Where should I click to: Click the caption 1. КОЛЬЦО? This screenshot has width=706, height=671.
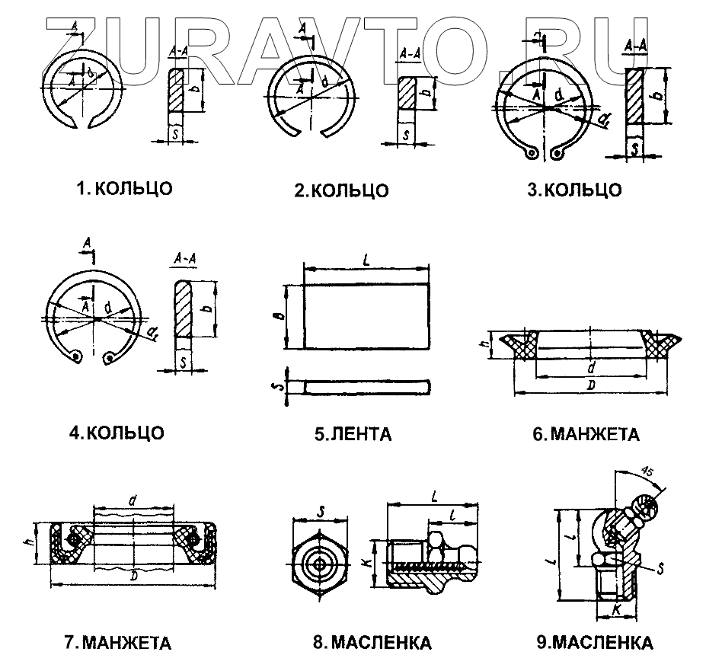[124, 188]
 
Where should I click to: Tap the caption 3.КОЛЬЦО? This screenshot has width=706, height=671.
[574, 190]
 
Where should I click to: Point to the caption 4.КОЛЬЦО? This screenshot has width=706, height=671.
[116, 433]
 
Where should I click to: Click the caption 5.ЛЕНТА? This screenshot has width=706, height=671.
[353, 435]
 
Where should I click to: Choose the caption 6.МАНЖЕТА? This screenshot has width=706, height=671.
[585, 435]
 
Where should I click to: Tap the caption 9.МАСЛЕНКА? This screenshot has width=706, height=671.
[594, 643]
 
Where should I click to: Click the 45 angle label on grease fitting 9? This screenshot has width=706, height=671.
[648, 470]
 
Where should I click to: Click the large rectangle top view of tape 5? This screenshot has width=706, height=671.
[366, 317]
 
